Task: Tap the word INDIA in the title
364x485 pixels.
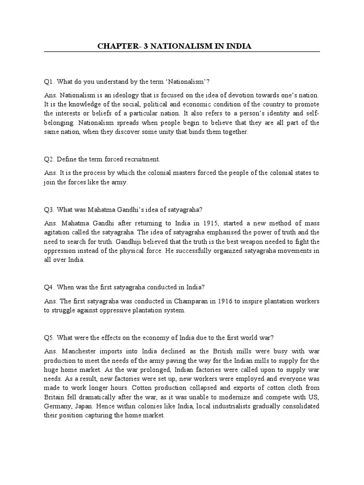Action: click(x=237, y=46)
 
